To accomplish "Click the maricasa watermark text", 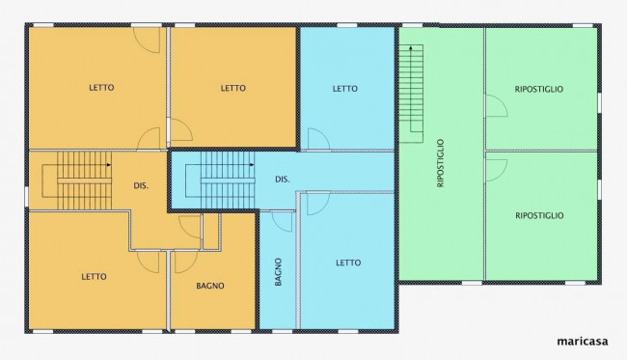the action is click(x=583, y=342).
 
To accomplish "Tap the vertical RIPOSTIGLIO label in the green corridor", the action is click(x=441, y=163).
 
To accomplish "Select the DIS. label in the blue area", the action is click(x=283, y=180).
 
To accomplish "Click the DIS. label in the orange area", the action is click(x=141, y=185).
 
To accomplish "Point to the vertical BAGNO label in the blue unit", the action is click(x=279, y=272).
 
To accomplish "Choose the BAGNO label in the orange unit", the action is click(x=210, y=286).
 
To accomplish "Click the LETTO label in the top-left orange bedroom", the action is click(x=101, y=87).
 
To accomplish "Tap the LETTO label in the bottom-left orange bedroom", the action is click(x=94, y=276).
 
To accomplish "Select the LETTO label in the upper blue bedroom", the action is click(x=345, y=89).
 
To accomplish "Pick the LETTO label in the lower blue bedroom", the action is click(x=348, y=263).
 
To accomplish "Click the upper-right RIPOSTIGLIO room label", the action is click(x=539, y=89).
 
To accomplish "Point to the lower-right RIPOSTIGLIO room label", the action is click(x=539, y=215).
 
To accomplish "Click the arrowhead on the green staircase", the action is click(x=411, y=47).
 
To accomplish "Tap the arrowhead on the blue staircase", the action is click(x=252, y=164).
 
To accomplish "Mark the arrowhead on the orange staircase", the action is click(x=109, y=164).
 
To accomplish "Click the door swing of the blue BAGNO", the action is click(x=283, y=222).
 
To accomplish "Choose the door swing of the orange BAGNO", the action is click(x=186, y=262).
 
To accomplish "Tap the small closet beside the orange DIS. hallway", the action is click(x=210, y=232).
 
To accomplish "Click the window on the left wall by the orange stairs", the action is click(x=26, y=196).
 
